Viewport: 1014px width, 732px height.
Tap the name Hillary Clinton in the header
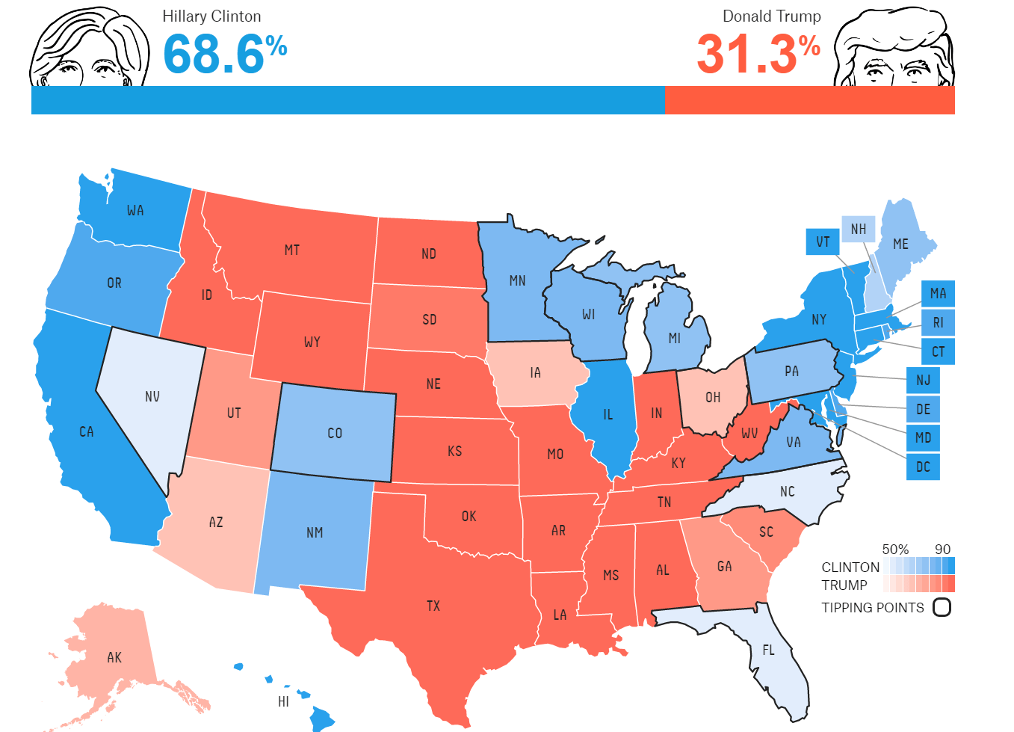211,16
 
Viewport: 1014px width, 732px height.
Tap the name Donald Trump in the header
771,16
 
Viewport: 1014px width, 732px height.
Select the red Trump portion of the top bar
809,100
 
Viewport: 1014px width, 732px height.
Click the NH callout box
859,229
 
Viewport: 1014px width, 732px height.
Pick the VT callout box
823,242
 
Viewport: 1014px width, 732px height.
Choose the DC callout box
923,467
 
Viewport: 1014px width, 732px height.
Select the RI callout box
938,322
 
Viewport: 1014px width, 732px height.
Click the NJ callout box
923,380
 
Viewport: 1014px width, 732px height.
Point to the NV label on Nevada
152,396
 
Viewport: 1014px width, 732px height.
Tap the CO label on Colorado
335,433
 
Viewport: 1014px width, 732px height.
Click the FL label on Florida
769,650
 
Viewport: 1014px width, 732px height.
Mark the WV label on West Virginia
749,433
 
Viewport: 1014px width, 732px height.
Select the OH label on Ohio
713,397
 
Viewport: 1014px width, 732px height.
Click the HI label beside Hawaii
283,701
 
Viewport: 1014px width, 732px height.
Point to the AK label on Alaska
114,657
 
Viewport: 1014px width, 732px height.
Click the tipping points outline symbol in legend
942,607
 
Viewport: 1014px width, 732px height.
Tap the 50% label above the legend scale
895,550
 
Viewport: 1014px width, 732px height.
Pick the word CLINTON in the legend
850,568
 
